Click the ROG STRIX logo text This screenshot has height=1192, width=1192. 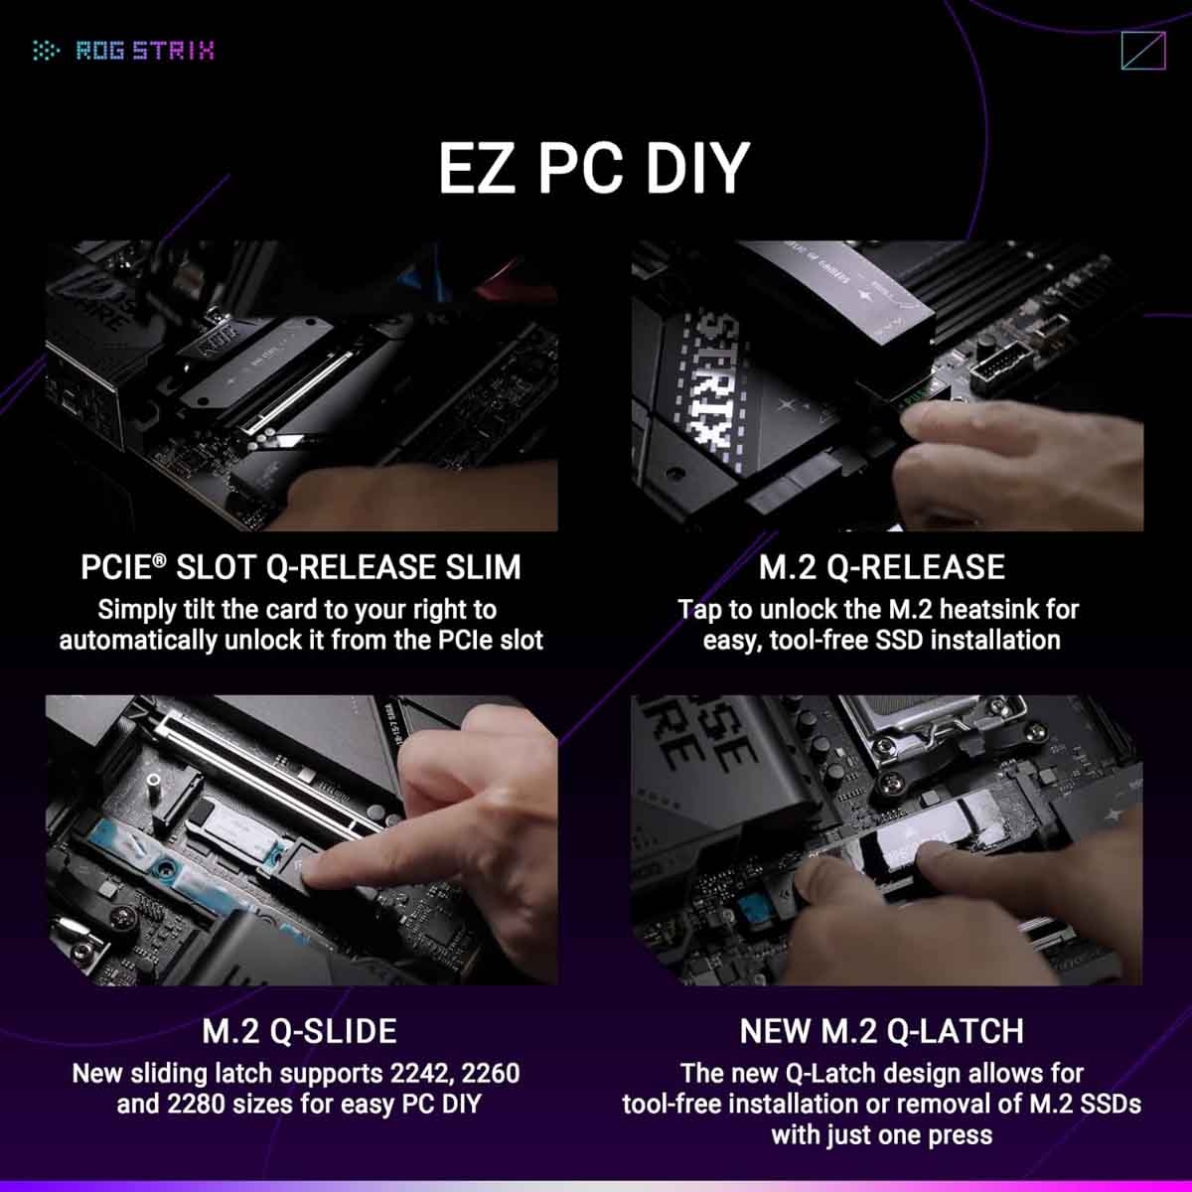pyautogui.click(x=145, y=50)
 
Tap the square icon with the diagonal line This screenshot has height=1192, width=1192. pyautogui.click(x=1142, y=51)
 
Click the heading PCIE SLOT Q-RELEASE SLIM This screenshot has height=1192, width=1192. pyautogui.click(x=300, y=567)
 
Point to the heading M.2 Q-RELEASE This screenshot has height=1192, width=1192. pyautogui.click(x=881, y=567)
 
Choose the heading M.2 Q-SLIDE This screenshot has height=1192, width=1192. pyautogui.click(x=299, y=1031)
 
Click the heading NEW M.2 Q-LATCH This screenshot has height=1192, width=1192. pyautogui.click(x=881, y=1031)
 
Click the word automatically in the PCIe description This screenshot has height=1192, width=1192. pyautogui.click(x=138, y=640)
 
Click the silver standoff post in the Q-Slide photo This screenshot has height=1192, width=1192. pyautogui.click(x=155, y=795)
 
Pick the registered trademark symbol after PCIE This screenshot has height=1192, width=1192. pyautogui.click(x=159, y=560)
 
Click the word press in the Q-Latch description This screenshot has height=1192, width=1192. pyautogui.click(x=960, y=1134)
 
